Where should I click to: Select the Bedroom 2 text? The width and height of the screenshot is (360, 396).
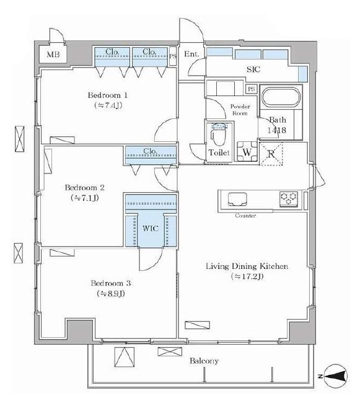(x=84, y=187)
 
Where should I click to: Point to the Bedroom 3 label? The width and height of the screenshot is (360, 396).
(x=110, y=283)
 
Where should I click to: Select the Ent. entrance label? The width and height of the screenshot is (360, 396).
(x=191, y=55)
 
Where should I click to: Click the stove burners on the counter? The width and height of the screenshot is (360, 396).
(x=289, y=200)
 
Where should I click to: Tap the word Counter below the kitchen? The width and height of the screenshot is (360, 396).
(x=245, y=216)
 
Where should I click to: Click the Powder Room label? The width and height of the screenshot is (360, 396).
(x=239, y=110)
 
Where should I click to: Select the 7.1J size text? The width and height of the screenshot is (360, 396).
(x=84, y=198)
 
